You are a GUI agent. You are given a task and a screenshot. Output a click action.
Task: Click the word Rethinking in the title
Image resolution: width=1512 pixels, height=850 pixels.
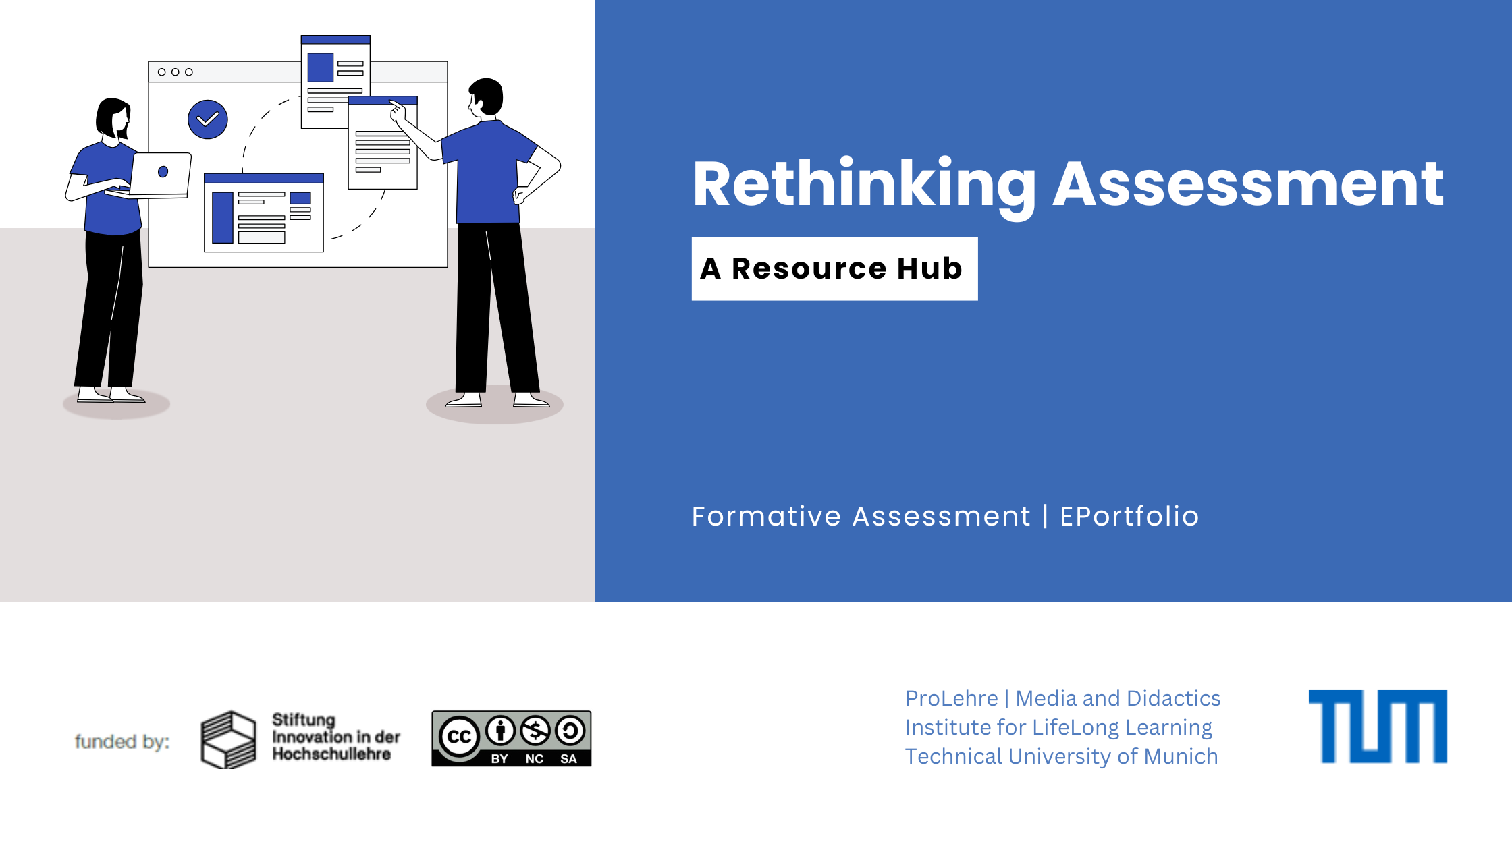coord(865,186)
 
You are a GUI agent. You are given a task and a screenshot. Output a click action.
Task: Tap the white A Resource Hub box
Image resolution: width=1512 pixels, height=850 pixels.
coord(834,268)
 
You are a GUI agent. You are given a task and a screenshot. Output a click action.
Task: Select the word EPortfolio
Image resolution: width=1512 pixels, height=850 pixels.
coord(1129,516)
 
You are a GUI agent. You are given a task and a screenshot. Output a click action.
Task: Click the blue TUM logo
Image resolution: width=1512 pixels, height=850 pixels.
coord(1378,727)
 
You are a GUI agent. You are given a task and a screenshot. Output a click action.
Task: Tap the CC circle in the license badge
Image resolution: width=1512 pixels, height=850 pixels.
coord(459,737)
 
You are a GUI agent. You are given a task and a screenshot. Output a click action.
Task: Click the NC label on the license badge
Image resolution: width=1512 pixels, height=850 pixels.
coord(535,758)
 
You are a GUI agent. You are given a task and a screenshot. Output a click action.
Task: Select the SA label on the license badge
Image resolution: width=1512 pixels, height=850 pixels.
coord(568,758)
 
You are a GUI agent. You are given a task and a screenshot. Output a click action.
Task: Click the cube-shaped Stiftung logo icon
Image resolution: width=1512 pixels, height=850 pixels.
coord(229,740)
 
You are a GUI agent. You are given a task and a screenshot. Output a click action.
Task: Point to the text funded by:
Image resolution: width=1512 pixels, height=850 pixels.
coord(122,741)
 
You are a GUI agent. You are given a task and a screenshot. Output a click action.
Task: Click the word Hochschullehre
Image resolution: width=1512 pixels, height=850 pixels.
coord(331,754)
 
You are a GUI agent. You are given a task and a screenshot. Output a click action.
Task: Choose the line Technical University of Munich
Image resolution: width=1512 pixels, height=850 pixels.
coord(1061,756)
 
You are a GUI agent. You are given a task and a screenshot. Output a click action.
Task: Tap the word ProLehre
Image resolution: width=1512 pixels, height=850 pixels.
coord(951,698)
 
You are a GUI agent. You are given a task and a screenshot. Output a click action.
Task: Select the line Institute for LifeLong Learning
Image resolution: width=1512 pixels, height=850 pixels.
coord(1058,727)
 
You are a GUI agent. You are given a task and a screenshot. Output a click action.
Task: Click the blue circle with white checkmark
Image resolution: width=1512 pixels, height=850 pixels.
coord(208,119)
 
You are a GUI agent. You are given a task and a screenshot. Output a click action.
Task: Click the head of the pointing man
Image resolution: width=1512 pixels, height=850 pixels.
coord(486,97)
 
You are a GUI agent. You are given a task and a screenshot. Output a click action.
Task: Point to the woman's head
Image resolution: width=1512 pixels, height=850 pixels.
coord(113,119)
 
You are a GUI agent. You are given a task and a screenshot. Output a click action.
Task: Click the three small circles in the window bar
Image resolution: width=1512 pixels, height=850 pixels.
coord(175,72)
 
